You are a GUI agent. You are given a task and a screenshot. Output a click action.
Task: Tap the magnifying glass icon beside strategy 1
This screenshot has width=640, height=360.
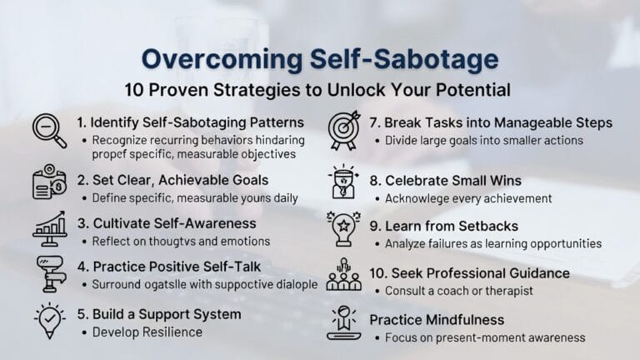click(x=49, y=131)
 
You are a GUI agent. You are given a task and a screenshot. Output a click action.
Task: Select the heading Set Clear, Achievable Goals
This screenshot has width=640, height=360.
click(x=172, y=180)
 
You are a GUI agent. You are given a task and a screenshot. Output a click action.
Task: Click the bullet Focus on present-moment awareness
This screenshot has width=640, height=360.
click(x=485, y=337)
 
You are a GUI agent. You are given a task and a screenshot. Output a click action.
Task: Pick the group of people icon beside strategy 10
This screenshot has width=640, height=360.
click(x=343, y=276)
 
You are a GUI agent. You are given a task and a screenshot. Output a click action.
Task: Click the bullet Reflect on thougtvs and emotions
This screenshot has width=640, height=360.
click(x=181, y=241)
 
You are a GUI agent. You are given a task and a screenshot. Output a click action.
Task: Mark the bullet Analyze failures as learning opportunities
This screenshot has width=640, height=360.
click(x=492, y=243)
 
